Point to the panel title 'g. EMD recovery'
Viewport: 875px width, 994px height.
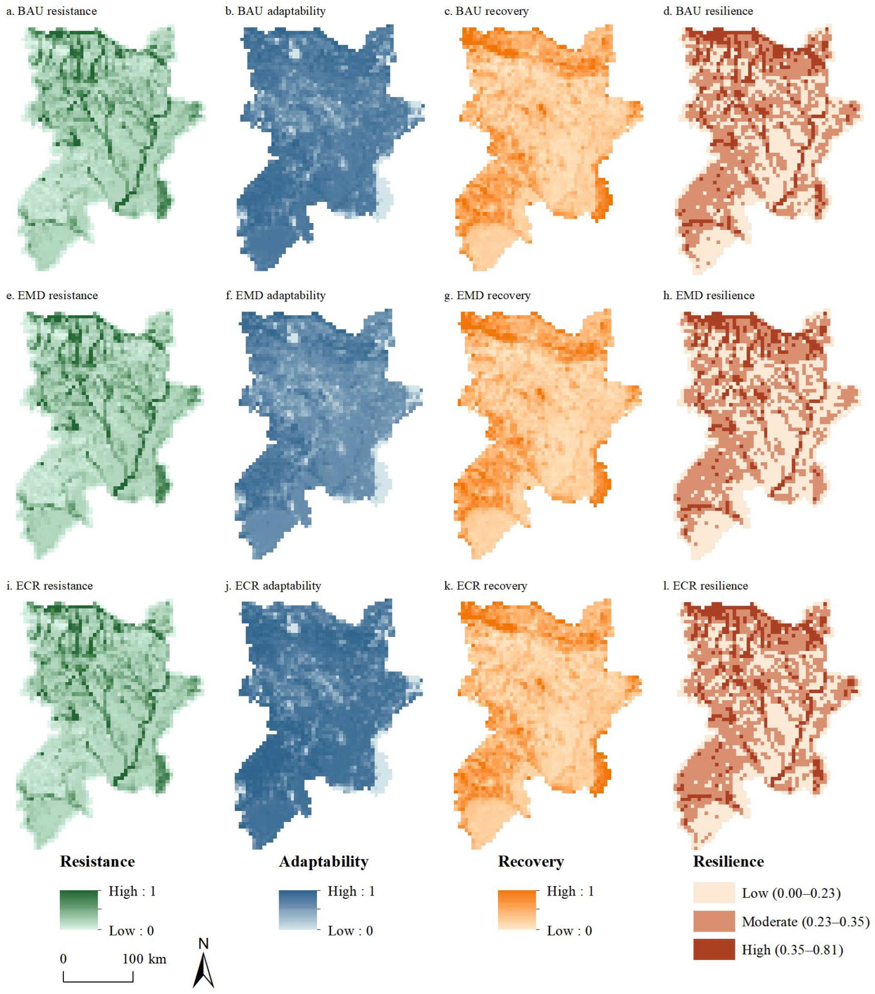tap(487, 295)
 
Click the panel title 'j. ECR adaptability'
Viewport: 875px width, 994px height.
tap(273, 586)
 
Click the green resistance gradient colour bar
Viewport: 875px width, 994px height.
tap(79, 910)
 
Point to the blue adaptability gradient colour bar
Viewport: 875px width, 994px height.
tap(298, 910)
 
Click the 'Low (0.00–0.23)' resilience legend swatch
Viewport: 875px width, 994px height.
tap(714, 893)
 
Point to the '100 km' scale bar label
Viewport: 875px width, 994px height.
tap(144, 959)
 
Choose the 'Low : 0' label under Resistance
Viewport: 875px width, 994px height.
tap(131, 930)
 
